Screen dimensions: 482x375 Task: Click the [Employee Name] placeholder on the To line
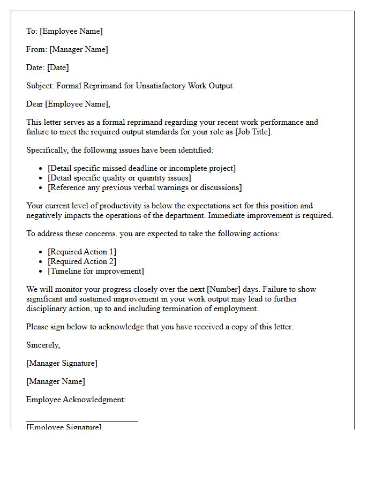[71, 31]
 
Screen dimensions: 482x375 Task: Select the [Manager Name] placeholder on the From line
[79, 49]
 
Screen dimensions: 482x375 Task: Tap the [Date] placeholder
[58, 67]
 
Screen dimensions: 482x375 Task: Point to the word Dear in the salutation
[35, 104]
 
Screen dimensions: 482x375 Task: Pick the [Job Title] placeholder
[253, 132]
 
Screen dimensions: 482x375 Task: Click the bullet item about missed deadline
[141, 168]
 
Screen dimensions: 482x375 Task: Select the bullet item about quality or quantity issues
[119, 178]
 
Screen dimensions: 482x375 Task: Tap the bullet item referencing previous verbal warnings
[145, 187]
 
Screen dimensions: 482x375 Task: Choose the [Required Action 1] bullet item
[82, 252]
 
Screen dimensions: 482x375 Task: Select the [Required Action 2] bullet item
[82, 261]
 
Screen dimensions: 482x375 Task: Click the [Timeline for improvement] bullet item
[96, 271]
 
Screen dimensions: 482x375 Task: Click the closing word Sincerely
[43, 345]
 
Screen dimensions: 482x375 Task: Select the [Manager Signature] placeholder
[62, 363]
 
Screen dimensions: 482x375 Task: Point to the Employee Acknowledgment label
[76, 400]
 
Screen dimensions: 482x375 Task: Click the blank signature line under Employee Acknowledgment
[82, 421]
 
